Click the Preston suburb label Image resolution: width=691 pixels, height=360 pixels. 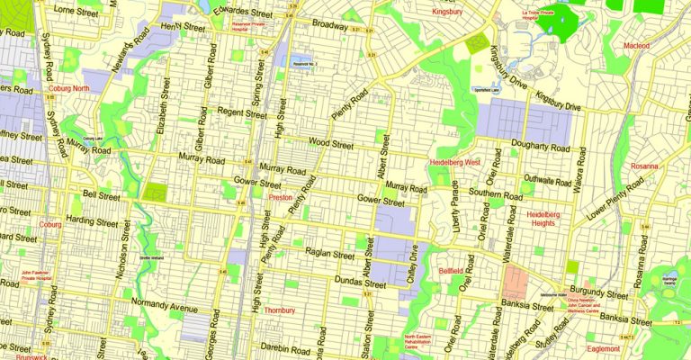click(280, 196)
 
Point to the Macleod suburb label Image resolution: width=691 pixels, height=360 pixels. click(636, 45)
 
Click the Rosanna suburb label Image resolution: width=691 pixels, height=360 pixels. click(644, 166)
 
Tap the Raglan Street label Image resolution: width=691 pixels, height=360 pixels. click(330, 255)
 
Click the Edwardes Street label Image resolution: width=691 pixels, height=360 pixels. click(243, 13)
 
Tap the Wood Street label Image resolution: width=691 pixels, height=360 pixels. click(332, 141)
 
